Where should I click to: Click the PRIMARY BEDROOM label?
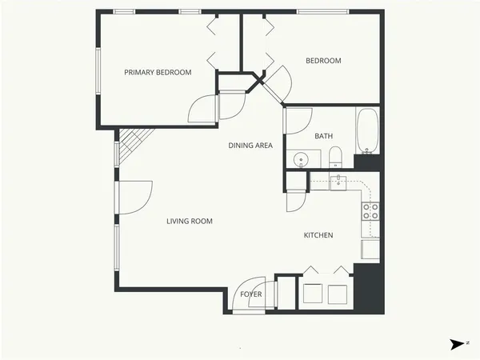click(x=158, y=73)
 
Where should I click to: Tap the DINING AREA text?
click(x=250, y=146)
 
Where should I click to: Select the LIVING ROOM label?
click(x=190, y=222)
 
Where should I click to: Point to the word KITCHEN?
click(x=318, y=235)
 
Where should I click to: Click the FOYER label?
click(x=251, y=294)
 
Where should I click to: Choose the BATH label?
click(x=324, y=136)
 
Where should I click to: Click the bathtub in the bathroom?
click(x=368, y=131)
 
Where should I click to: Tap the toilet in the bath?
click(x=337, y=155)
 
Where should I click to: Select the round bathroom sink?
click(x=302, y=158)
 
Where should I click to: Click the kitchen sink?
click(x=338, y=182)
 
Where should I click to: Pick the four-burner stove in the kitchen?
click(x=370, y=211)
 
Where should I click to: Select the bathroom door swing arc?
click(x=298, y=120)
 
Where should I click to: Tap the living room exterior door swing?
click(x=136, y=197)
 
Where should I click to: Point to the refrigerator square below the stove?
click(x=370, y=250)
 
